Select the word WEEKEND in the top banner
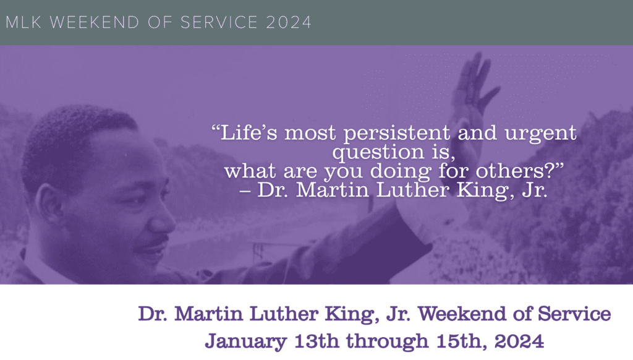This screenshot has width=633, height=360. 87,22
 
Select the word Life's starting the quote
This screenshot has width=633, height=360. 246,132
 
